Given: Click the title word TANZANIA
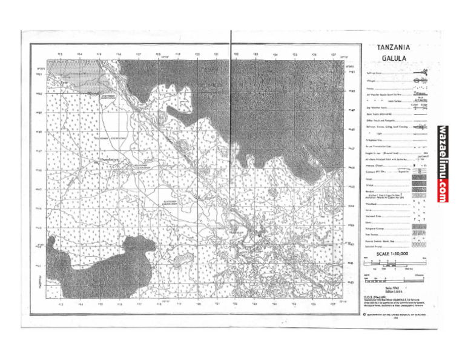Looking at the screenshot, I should (394, 47).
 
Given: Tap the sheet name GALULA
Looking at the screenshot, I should (394, 59).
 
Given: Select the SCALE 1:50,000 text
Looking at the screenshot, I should (393, 253).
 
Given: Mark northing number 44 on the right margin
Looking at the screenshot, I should (352, 206).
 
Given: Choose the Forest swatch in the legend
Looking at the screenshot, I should (418, 179).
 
